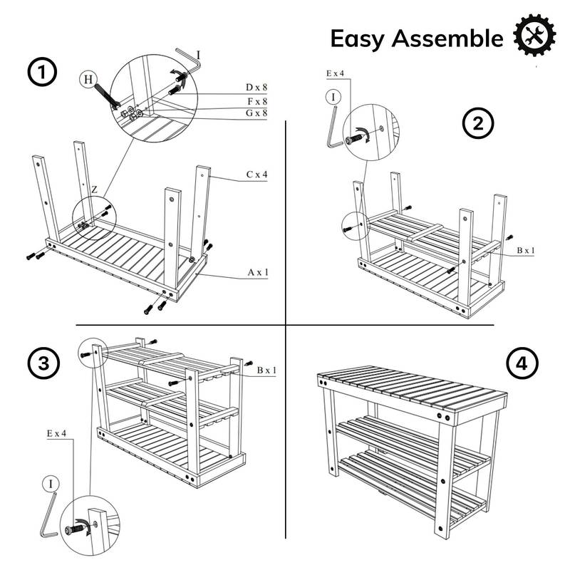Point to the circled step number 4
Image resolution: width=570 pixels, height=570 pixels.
click(521, 363)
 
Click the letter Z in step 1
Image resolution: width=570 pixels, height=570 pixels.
click(93, 190)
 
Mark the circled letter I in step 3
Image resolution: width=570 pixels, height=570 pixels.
click(51, 484)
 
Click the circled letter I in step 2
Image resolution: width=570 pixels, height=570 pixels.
click(331, 95)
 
